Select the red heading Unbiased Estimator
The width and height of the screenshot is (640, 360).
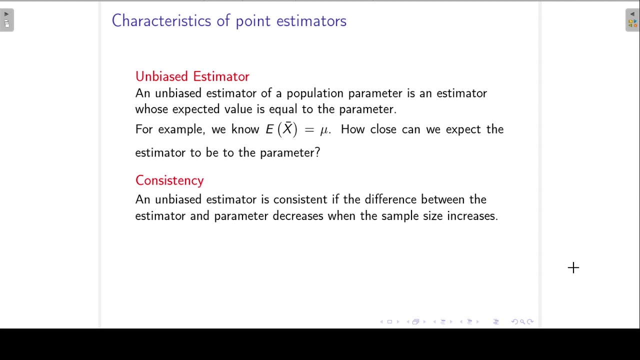192,76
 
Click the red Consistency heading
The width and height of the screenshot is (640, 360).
169,180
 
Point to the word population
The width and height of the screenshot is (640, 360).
314,93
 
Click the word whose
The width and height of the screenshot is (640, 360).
151,109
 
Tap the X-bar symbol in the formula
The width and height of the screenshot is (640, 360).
287,129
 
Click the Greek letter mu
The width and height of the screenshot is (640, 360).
324,130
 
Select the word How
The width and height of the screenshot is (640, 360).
353,129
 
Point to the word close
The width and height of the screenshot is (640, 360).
383,129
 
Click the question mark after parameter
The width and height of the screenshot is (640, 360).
317,153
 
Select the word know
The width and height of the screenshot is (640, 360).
245,129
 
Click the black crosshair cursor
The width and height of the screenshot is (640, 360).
573,268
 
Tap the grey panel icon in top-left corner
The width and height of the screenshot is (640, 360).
6,20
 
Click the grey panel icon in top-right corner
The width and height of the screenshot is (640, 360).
632,20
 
